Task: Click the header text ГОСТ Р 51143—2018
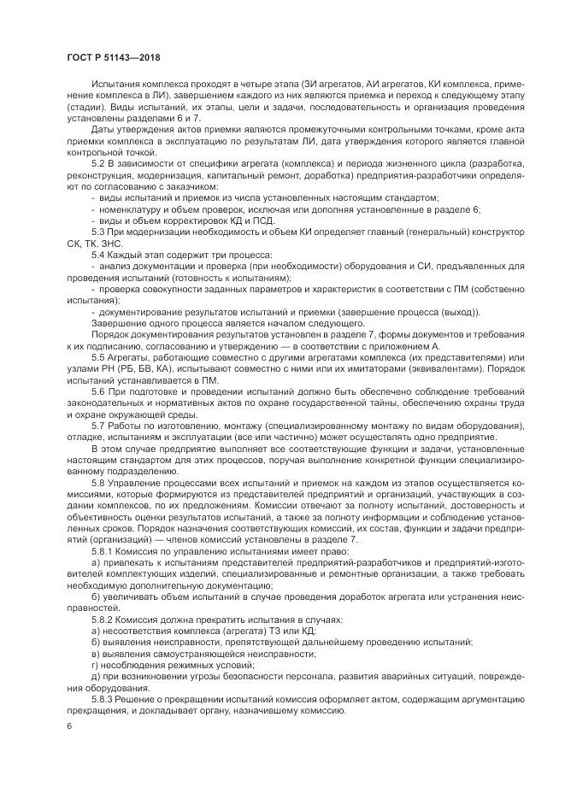click(x=113, y=57)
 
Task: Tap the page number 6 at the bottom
click(x=68, y=726)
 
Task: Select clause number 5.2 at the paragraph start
click(x=98, y=162)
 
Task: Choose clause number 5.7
click(x=98, y=426)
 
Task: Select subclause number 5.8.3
click(x=103, y=699)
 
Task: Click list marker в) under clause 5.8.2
click(x=95, y=654)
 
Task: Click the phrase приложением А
click(x=409, y=345)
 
